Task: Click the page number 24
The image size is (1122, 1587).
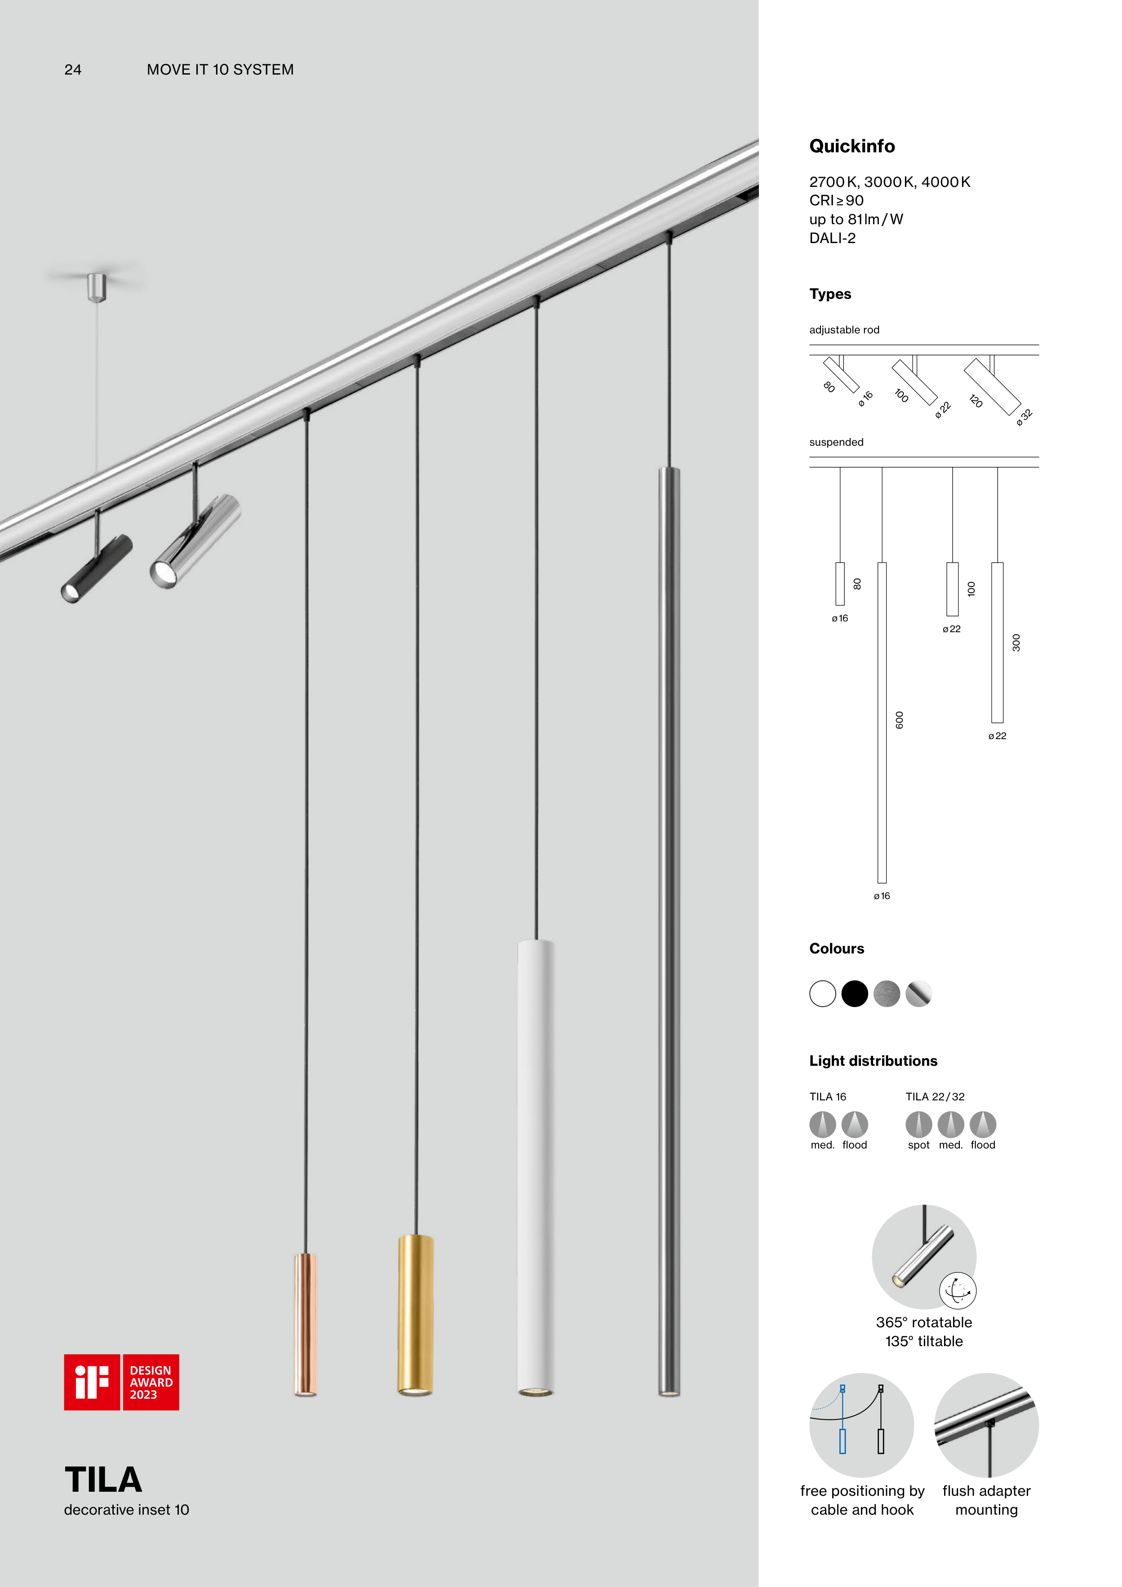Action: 73,70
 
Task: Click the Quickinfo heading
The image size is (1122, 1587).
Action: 851,146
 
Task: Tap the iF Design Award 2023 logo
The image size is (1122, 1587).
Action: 122,1383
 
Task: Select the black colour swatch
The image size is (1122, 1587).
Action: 855,994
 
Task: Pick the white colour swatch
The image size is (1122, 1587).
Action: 823,994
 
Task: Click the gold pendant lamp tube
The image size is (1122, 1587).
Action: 416,1315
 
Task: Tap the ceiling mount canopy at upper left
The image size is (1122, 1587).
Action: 97,287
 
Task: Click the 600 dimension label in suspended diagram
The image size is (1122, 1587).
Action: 900,719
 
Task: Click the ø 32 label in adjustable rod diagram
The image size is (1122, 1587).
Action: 1024,417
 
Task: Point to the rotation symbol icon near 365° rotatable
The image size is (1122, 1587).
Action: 958,1290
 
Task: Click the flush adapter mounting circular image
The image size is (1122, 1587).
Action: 986,1425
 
